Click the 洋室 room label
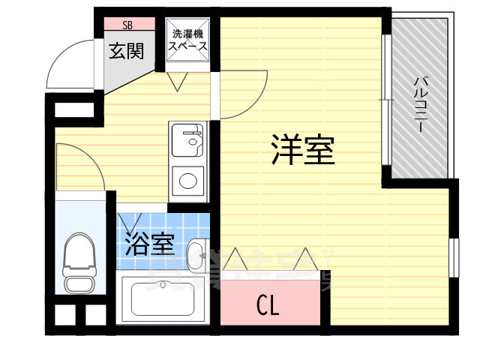coord(303,151)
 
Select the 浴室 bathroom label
coord(149,244)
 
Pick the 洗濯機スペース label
coord(187,40)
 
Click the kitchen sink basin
coord(187,139)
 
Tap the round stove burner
coord(187,180)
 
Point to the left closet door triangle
coord(234,260)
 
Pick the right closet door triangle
coord(305,259)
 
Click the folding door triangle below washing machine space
coord(180,82)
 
